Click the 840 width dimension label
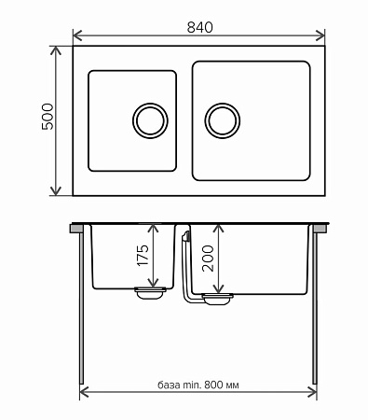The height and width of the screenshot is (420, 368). [x=200, y=27]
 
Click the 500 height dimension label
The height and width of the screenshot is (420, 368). [x=48, y=117]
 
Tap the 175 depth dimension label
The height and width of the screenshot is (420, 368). [x=143, y=256]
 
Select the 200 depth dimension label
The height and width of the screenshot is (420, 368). [x=208, y=259]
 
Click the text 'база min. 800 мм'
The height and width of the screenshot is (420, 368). [x=198, y=385]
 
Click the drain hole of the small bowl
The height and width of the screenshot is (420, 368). [x=150, y=120]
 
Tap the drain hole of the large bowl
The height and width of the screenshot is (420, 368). [x=223, y=120]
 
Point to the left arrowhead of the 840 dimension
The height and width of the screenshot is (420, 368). [x=77, y=35]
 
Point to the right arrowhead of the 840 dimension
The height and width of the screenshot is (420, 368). [x=320, y=35]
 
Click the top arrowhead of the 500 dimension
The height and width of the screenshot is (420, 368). [x=56, y=50]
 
